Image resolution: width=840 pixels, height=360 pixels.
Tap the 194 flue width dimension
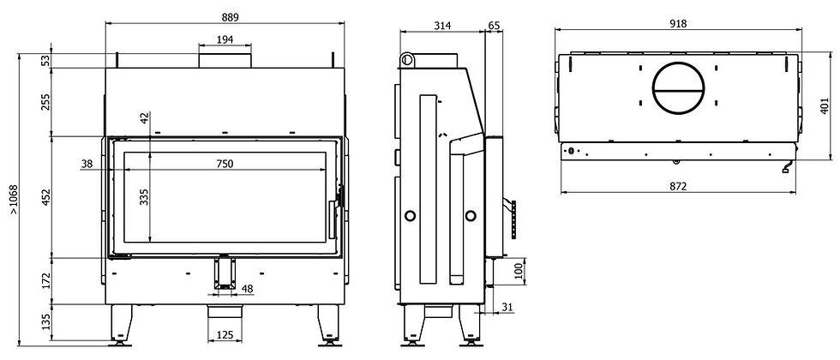(225, 39)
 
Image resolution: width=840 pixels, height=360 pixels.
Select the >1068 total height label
(14, 200)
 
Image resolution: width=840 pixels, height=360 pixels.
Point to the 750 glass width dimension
(225, 164)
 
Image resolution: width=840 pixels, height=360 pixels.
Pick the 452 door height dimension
(46, 197)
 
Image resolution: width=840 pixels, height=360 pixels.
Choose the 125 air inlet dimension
(225, 335)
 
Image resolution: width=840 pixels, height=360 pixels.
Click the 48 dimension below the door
(247, 289)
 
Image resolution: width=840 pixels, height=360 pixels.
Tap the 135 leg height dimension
(46, 322)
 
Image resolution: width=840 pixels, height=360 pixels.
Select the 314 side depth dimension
(442, 26)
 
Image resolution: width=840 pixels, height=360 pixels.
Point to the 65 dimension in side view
(494, 26)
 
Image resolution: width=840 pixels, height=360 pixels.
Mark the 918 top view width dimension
(678, 24)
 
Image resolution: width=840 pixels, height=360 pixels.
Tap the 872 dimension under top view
(678, 187)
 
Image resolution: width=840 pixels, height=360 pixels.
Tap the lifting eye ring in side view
(406, 59)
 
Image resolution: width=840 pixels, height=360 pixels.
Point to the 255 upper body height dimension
(46, 102)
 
